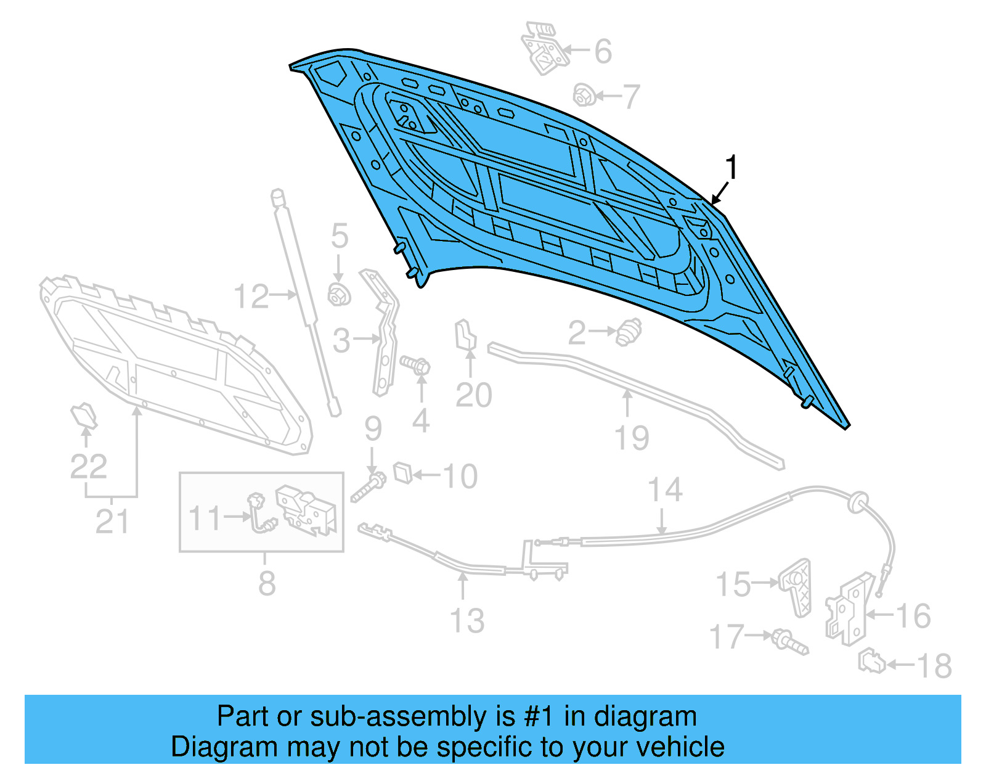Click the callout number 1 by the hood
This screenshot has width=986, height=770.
coord(731,168)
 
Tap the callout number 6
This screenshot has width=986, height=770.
coord(603,51)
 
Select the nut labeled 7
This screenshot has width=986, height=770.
coord(584,96)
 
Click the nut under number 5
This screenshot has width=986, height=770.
coord(338,295)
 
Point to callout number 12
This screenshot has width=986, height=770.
coord(251,297)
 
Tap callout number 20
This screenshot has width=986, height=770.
coord(473,395)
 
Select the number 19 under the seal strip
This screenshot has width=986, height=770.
coord(632,438)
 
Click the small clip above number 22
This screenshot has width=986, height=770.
coord(84,416)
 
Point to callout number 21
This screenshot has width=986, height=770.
coord(112,522)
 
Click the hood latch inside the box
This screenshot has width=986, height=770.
coord(306,509)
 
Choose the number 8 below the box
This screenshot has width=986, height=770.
coord(266,583)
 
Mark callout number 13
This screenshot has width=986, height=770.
coord(467,620)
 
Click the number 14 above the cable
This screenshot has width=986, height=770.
coord(665,490)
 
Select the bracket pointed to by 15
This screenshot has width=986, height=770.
coord(796,586)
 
